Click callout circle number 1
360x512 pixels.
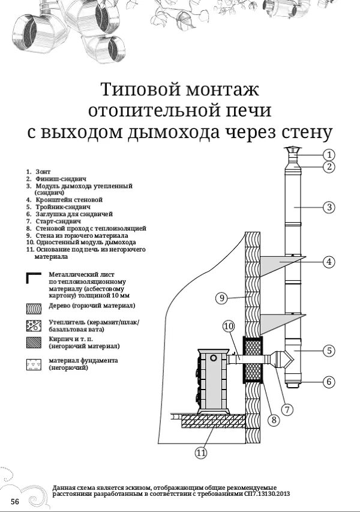click(328, 154)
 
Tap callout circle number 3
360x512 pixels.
click(328, 208)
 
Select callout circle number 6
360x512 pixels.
click(328, 381)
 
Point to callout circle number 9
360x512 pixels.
click(221, 297)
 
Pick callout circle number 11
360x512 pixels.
click(201, 452)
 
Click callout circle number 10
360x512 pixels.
click(228, 327)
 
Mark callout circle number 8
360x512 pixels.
click(274, 420)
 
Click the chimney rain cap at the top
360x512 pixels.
click(292, 151)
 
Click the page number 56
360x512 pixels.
click(14, 501)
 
